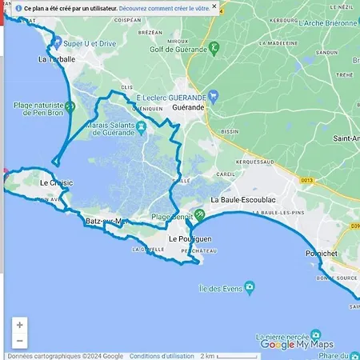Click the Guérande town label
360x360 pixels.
189,106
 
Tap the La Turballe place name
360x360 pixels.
56,59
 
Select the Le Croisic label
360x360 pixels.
56,182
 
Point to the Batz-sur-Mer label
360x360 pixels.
106,221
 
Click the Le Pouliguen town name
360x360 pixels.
189,239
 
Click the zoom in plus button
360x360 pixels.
20,325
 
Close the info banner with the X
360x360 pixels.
214,6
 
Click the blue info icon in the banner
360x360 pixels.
18,7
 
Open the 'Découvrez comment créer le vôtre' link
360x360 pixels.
164,7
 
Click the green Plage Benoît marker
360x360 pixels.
199,214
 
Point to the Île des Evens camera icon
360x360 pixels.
250,286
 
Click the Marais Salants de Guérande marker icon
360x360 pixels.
141,126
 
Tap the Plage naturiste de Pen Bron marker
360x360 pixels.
70,106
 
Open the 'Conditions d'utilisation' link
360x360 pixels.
160,356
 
